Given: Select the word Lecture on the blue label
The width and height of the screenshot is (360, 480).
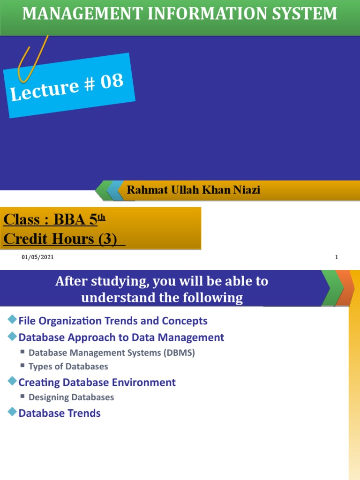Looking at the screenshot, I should (45, 90).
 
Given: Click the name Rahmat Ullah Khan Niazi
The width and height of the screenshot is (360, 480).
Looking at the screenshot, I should (193, 190).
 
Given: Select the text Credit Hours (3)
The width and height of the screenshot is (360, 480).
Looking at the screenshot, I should (60, 239).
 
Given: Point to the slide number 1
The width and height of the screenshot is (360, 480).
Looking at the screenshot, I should (337, 257).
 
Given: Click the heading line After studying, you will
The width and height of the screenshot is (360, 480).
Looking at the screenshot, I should (162, 281).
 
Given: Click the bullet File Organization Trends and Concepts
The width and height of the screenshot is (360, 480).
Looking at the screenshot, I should (112, 321).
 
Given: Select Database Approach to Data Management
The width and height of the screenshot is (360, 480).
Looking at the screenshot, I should (121, 337).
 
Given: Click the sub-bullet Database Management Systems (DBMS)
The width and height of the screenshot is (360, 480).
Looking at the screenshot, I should (112, 353).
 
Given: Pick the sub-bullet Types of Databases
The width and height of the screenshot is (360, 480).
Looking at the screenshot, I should (68, 367).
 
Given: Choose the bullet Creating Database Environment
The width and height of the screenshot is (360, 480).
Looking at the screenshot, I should (97, 382).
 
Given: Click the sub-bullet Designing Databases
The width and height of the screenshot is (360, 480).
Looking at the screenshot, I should (71, 397).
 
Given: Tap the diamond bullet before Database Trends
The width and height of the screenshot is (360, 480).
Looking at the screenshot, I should (12, 412).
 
